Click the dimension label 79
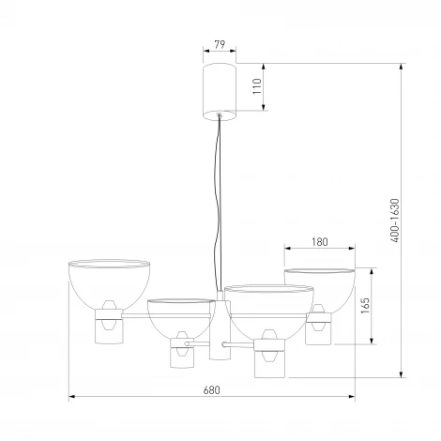[x=220, y=44]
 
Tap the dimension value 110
[x=257, y=86]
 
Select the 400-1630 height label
[x=395, y=220]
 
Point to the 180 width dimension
[x=320, y=242]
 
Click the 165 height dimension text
[x=365, y=306]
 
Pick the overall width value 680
[x=212, y=390]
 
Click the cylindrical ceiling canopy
[x=220, y=92]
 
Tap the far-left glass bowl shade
[x=109, y=284]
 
